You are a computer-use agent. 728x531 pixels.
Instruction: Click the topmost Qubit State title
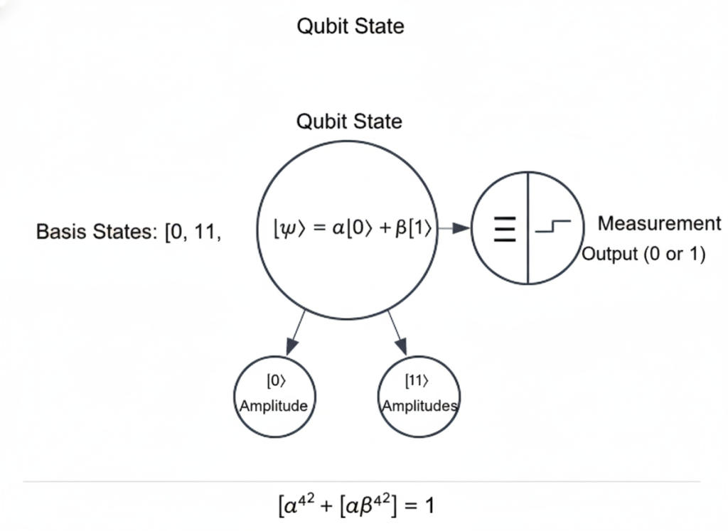tap(350, 27)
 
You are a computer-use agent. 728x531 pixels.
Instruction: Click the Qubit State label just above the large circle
tap(349, 122)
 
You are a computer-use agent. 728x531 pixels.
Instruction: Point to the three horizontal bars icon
tap(505, 230)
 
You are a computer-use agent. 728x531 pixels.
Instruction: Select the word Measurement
tap(659, 224)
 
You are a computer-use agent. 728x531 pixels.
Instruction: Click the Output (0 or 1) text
tap(643, 254)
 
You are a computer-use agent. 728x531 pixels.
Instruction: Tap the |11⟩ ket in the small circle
tap(417, 382)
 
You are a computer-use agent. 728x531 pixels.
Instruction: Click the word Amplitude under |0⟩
tap(274, 406)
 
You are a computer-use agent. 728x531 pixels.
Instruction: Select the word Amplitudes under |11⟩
tap(419, 406)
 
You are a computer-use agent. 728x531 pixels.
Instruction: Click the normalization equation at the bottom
tap(355, 505)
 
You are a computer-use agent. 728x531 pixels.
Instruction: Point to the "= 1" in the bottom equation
tap(419, 506)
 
